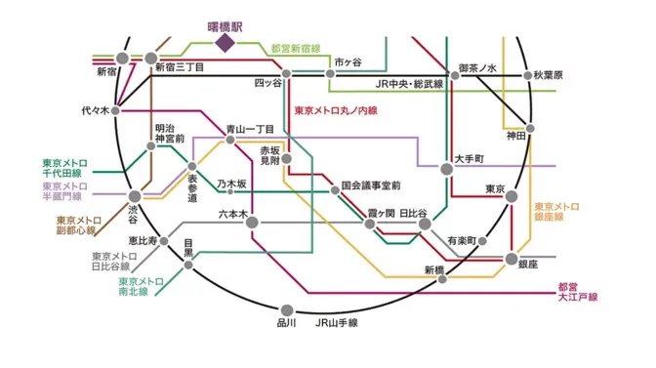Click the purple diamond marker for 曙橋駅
(225, 42)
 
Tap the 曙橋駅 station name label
(225, 23)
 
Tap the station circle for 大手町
(447, 169)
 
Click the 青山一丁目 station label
(249, 129)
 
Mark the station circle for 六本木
(252, 224)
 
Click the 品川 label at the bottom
(286, 322)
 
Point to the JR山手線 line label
(337, 322)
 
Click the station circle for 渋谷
(134, 196)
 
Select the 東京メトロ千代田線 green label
(61, 168)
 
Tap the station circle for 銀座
(511, 260)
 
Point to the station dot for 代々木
(117, 110)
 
